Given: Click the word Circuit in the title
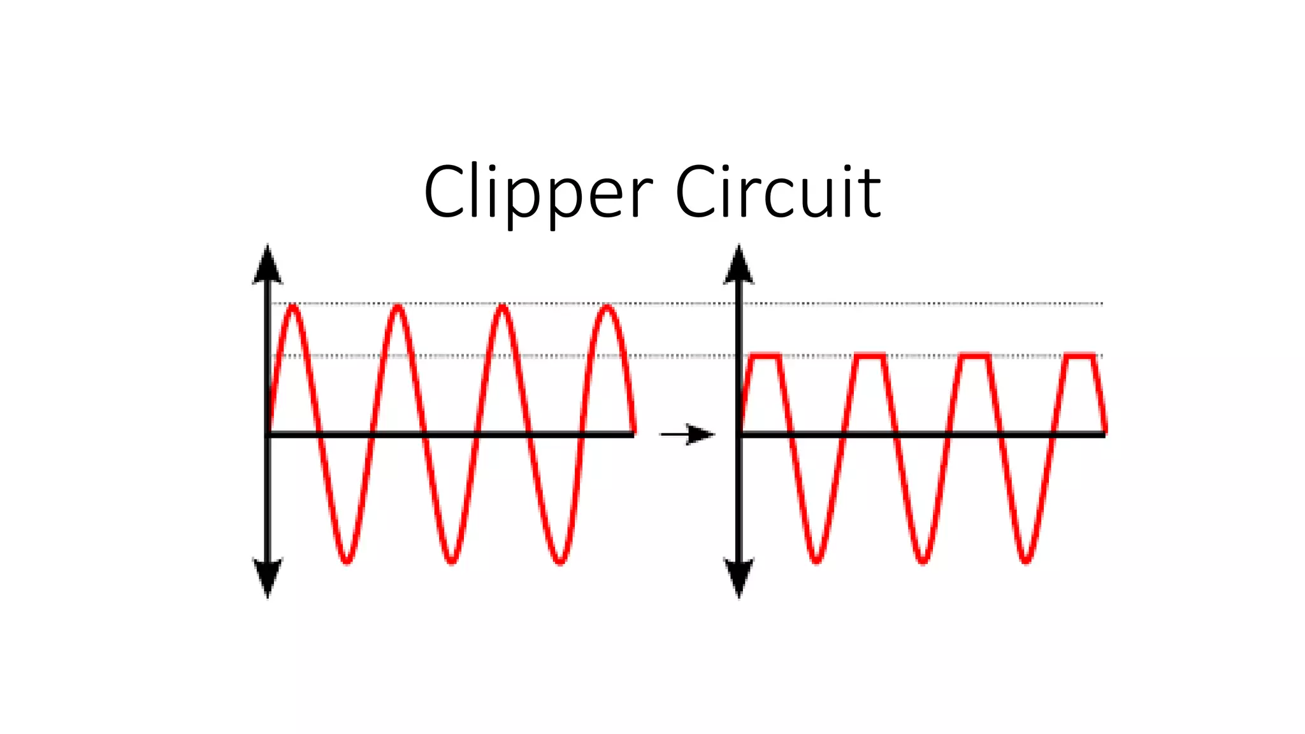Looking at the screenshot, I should [x=777, y=192].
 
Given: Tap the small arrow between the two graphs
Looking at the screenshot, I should [x=688, y=435].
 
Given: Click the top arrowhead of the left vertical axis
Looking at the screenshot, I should [x=268, y=264].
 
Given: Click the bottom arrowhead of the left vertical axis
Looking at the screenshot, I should [x=268, y=577].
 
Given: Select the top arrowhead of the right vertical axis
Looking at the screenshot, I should [x=739, y=264].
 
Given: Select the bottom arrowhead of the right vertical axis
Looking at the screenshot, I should [x=739, y=577].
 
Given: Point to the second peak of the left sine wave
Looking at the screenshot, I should [x=398, y=307].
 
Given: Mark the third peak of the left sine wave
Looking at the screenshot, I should [x=503, y=307].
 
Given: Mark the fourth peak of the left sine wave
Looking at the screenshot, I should [x=607, y=307].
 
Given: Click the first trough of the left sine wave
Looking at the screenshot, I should [x=347, y=561].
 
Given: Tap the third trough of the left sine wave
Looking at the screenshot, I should [x=559, y=561].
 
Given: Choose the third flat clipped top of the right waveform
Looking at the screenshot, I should [x=975, y=356].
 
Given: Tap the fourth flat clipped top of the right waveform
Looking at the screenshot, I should [x=1080, y=356].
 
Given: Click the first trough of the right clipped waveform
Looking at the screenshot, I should [x=817, y=561].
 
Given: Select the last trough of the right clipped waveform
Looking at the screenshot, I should [x=1026, y=561].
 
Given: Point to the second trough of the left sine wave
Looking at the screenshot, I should [x=452, y=561].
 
